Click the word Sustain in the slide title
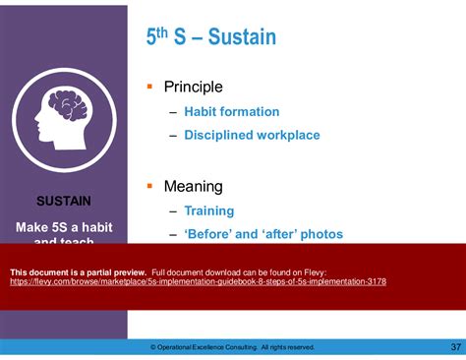point(239,38)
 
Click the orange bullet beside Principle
point(149,87)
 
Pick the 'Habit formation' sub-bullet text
point(231,112)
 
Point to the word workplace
point(291,136)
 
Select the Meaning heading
point(193,186)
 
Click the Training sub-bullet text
point(208,210)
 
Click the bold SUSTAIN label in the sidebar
point(64,201)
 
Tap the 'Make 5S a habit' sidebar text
point(64,226)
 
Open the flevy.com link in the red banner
point(197,281)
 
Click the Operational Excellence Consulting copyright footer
point(232,347)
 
